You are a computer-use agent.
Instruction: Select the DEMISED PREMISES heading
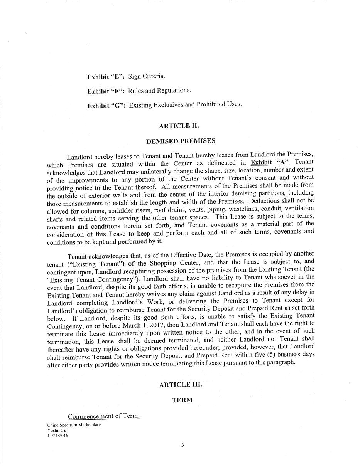pyautogui.click(x=181, y=141)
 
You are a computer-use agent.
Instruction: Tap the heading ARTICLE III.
pyautogui.click(x=180, y=385)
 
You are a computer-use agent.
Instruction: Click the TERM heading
pyautogui.click(x=182, y=400)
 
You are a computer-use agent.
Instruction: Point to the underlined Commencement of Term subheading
pyautogui.click(x=103, y=416)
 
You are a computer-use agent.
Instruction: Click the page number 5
pyautogui.click(x=183, y=445)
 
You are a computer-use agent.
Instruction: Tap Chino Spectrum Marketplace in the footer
pyautogui.click(x=74, y=425)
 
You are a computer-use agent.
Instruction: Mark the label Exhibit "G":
pyautogui.click(x=106, y=106)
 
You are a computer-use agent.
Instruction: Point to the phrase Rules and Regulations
pyautogui.click(x=159, y=91)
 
